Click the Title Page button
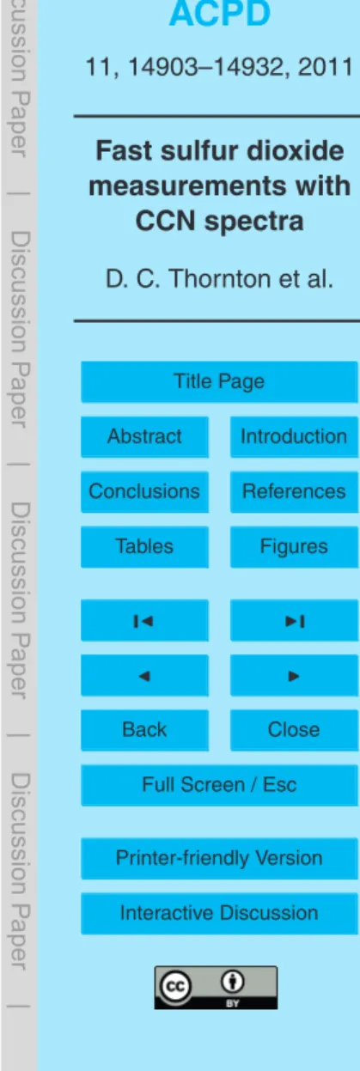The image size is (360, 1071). click(219, 381)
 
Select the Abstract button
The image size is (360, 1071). click(144, 436)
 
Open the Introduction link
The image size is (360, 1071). click(294, 436)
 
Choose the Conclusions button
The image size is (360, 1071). click(144, 491)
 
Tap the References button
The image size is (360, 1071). click(294, 491)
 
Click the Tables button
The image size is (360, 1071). click(144, 546)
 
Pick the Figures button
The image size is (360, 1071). click(294, 546)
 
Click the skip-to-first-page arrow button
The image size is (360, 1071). click(144, 620)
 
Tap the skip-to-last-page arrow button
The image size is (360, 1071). click(294, 620)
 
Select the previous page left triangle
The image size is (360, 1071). click(144, 675)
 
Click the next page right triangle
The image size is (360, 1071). click(294, 675)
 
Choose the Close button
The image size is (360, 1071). click(294, 730)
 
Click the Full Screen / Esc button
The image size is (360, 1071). click(219, 785)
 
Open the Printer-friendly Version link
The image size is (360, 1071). click(219, 859)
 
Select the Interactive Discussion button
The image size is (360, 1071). click(219, 913)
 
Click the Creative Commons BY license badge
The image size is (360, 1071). click(216, 988)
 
